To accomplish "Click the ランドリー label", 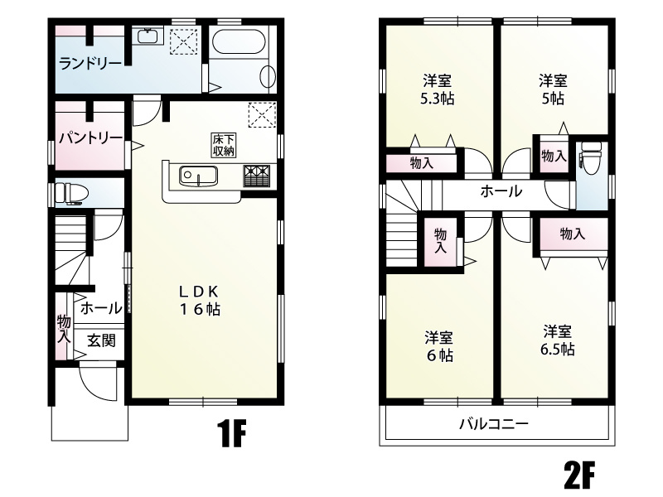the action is coord(90,65).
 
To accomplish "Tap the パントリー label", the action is coord(90,138).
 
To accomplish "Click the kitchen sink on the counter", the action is coord(198,176).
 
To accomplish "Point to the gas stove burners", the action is coord(256,176).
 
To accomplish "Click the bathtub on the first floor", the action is coord(239,41).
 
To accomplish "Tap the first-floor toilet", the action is coord(71,194).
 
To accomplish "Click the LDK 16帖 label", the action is coord(199,301).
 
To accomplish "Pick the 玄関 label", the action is coord(101,340).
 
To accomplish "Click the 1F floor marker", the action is coord(231,433).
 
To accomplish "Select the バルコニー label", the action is coord(494,423).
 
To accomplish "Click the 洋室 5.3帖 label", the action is coord(437,89).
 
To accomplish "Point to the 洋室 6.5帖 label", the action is coord(557,340).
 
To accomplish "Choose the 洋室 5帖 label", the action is coord(553,89).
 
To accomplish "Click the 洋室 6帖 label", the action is coord(439,346).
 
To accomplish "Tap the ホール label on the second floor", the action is coord(501,191).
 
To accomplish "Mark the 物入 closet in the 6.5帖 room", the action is coord(572,234).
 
